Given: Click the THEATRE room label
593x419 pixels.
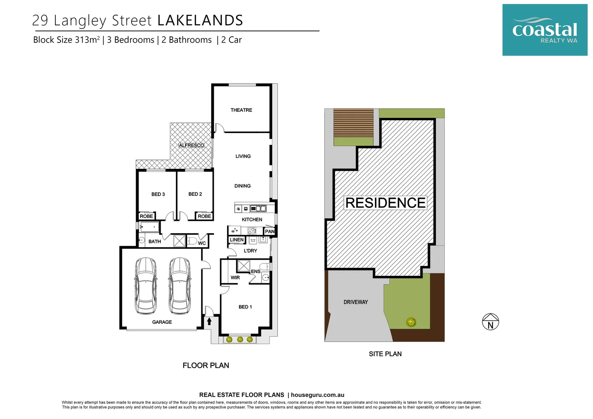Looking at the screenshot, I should [241, 110].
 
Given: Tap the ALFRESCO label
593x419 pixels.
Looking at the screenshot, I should [191, 145].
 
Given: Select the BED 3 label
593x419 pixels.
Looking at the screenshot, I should [158, 194].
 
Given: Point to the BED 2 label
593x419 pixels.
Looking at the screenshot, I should [195, 194].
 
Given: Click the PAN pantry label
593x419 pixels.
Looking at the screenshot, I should [270, 232].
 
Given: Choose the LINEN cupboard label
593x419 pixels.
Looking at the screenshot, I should [237, 240].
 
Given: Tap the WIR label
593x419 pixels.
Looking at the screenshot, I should [235, 278].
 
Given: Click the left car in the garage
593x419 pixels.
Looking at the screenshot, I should [146, 286].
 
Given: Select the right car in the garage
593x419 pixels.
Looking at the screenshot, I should [180, 286].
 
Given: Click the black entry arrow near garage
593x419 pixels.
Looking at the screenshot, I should [209, 321].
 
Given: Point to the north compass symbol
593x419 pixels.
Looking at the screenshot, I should [490, 322].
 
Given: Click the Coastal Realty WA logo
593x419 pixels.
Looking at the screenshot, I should [544, 30].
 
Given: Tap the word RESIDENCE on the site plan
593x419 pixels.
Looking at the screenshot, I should [385, 203].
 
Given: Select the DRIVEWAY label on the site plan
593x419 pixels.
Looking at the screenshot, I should [355, 302].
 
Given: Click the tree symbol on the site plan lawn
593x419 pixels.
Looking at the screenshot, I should [411, 322].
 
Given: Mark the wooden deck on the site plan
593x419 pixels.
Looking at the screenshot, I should [353, 123].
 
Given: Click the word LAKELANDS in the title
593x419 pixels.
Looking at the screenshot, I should [200, 21].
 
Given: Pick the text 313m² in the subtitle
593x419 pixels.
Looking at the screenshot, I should [87, 40].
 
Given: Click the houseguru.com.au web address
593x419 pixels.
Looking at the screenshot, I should [317, 395].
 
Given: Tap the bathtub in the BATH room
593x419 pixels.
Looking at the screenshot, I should [149, 227].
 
